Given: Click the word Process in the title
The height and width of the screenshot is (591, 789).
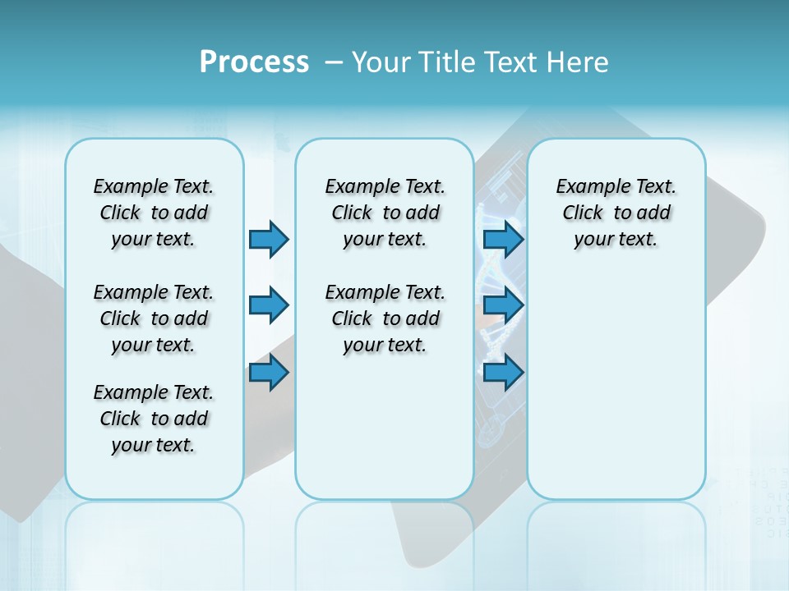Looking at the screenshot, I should click(254, 62).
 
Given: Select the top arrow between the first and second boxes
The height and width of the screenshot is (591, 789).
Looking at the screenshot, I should click(269, 239).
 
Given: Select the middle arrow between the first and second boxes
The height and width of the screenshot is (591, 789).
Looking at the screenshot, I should click(269, 305).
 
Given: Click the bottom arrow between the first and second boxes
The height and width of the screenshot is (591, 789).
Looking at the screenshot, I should click(269, 373).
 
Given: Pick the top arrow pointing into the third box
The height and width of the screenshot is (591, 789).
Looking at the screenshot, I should click(503, 239).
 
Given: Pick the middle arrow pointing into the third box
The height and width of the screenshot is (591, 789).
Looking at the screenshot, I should click(503, 305).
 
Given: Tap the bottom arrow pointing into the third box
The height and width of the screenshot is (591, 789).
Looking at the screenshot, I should click(503, 373).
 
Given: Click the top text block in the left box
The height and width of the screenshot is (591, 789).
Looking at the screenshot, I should click(154, 213).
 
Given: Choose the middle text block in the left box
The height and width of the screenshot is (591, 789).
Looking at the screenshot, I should click(154, 318).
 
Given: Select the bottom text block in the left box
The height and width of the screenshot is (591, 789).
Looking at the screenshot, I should click(154, 419).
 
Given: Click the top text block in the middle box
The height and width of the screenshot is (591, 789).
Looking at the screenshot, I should click(385, 213).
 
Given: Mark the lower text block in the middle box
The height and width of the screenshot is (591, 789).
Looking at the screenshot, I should click(385, 318).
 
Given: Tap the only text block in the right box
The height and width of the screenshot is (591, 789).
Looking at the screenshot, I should click(616, 213).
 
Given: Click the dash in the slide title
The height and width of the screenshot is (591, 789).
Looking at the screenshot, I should click(335, 62).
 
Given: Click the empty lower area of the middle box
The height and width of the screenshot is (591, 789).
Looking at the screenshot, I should click(385, 435).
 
